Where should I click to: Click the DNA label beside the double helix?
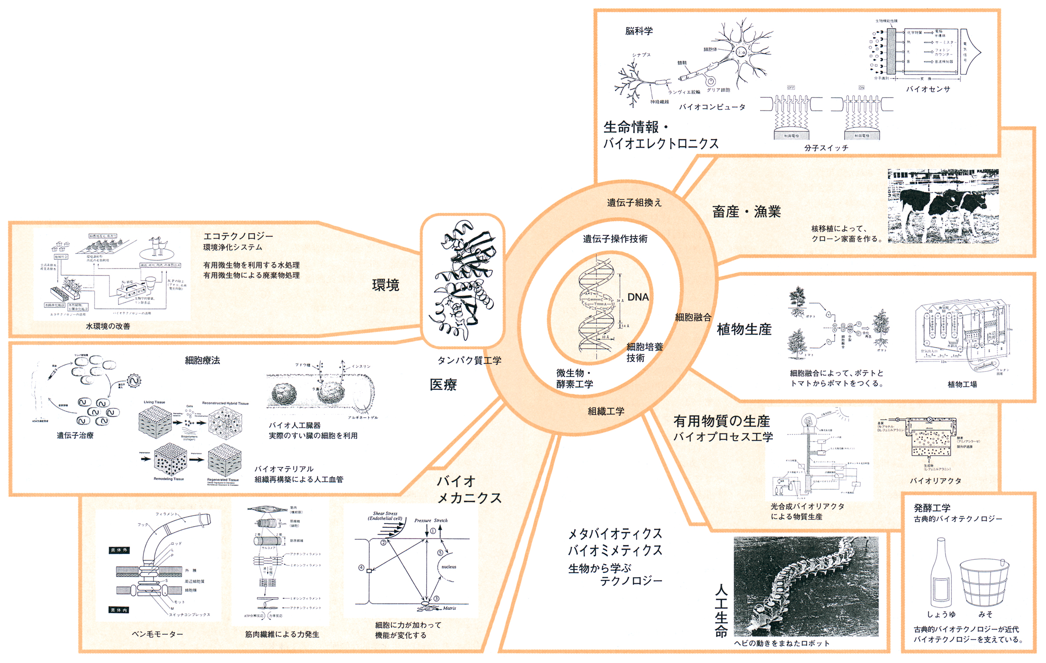point(638,297)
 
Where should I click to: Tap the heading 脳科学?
point(638,31)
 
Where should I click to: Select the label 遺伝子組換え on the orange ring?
point(634,203)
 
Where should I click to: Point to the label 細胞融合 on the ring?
point(693,317)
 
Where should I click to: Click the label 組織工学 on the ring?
point(606,411)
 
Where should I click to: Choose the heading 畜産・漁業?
point(746,212)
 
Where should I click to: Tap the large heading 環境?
point(385,285)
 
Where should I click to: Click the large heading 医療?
point(443,384)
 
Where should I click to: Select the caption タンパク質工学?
point(469,360)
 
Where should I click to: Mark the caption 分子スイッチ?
point(826,148)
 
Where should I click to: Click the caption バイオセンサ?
point(928,89)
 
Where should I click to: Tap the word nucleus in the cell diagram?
point(448,567)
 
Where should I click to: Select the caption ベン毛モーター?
point(157,634)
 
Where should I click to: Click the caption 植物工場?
point(962,384)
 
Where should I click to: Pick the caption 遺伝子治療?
point(75,435)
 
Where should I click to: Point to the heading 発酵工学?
point(932,508)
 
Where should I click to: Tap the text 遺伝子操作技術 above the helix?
point(615,239)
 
